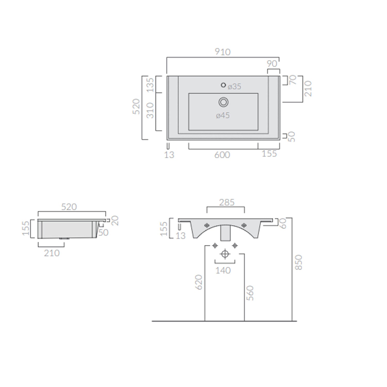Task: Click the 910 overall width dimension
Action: coord(223,52)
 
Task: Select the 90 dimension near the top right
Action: coord(272,64)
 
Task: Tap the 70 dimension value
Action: coord(293,80)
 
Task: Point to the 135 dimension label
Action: coord(150,85)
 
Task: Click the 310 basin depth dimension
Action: coord(150,110)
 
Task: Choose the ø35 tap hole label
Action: coord(235,87)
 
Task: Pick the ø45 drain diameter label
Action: coord(223,116)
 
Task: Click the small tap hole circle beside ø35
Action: coord(223,85)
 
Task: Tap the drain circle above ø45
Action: coord(223,102)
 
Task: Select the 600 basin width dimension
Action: coord(222,155)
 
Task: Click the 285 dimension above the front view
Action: coord(227,203)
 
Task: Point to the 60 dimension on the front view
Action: coord(283,223)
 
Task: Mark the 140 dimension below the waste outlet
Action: coord(223,271)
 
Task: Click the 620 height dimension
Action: coord(199,282)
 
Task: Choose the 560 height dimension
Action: coord(250,293)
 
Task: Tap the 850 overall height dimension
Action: coord(298,262)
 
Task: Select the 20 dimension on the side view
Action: coord(115,221)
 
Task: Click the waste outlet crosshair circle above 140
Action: coord(225,254)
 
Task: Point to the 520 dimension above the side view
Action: coord(69,207)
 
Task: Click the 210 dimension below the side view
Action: coord(52,253)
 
